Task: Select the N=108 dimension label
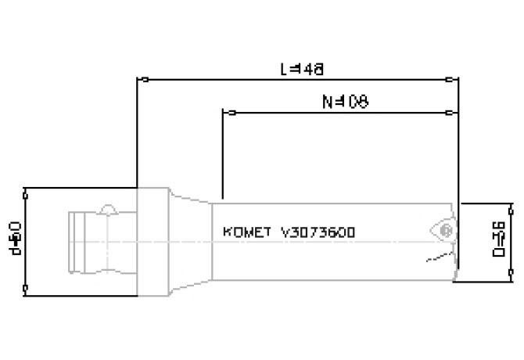click(x=345, y=102)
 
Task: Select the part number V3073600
click(x=318, y=232)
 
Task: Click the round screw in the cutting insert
click(x=446, y=231)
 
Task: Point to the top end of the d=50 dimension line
click(x=27, y=188)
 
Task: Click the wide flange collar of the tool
click(x=153, y=242)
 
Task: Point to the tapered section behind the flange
click(x=188, y=242)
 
